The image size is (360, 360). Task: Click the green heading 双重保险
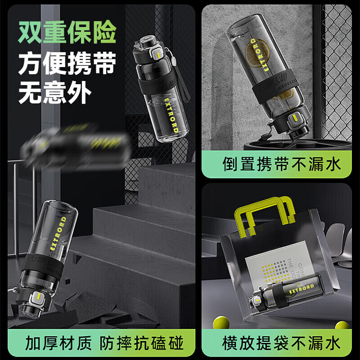pos(67,32)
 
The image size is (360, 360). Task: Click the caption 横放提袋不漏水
pos(282,344)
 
